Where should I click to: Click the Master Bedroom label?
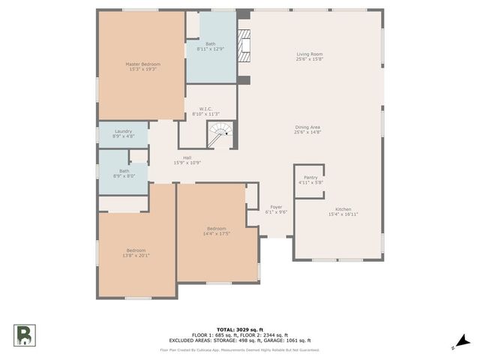pos(142,64)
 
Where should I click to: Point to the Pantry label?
pos(310,177)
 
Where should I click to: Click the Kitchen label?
pos(339,209)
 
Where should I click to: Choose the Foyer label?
pos(276,207)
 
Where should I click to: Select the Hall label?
pos(187,157)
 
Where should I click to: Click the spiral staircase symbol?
pos(220,136)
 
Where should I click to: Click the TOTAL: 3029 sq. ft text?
pos(239,329)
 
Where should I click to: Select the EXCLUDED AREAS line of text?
pos(239,340)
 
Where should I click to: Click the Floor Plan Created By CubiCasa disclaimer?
pos(239,349)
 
